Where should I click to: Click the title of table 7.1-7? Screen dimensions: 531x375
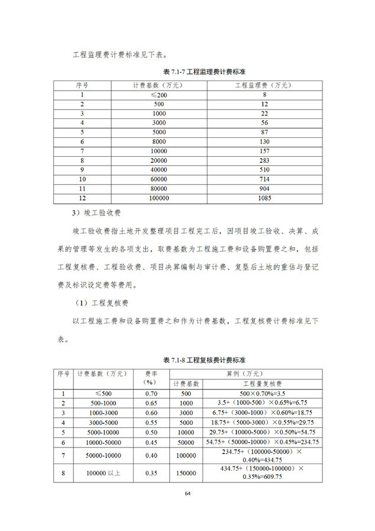point(187,72)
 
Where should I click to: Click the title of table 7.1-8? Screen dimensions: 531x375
point(187,360)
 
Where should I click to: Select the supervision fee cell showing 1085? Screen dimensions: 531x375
point(264,199)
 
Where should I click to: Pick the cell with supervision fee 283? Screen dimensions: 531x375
point(264,160)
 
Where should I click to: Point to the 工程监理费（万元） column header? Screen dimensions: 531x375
point(264,85)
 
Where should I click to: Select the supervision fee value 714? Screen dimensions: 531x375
point(264,179)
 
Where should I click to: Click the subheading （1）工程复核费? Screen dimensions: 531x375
point(98,303)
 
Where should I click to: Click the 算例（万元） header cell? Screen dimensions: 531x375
point(245,374)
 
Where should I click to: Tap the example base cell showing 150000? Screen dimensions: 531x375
point(186,473)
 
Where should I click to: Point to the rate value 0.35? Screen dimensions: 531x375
point(151,473)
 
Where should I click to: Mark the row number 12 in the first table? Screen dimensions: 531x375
point(82,199)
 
